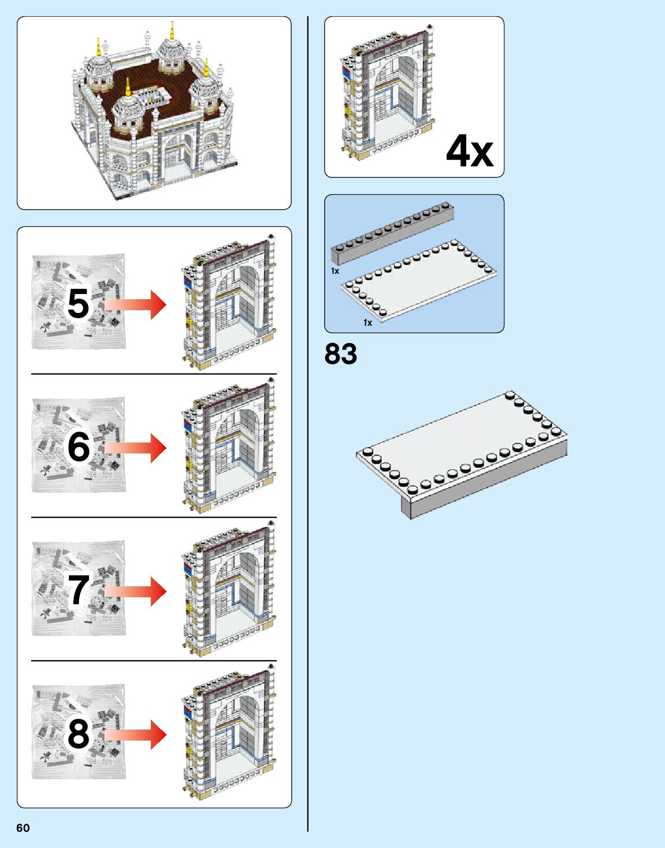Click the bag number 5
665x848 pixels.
tap(79, 304)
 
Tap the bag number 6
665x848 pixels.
tap(79, 447)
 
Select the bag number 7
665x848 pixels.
tap(79, 590)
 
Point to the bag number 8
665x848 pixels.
tap(79, 734)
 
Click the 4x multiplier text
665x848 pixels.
tap(469, 152)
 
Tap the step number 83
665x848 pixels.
tap(341, 354)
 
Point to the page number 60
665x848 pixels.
tap(23, 828)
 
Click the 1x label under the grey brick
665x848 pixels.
tap(335, 270)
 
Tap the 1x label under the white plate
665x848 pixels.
tap(367, 322)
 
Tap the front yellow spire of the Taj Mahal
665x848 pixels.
tap(128, 88)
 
